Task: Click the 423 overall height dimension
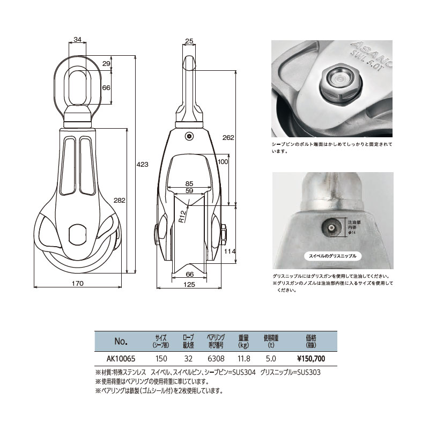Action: [142, 165]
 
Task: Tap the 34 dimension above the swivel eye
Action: [78, 39]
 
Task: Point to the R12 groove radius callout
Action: [182, 216]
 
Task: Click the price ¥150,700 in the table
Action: [310, 358]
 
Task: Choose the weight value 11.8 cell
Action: [243, 358]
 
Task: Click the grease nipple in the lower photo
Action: [332, 228]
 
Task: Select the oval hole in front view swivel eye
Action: [78, 80]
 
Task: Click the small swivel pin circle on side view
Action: [189, 136]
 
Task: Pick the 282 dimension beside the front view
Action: [120, 200]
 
